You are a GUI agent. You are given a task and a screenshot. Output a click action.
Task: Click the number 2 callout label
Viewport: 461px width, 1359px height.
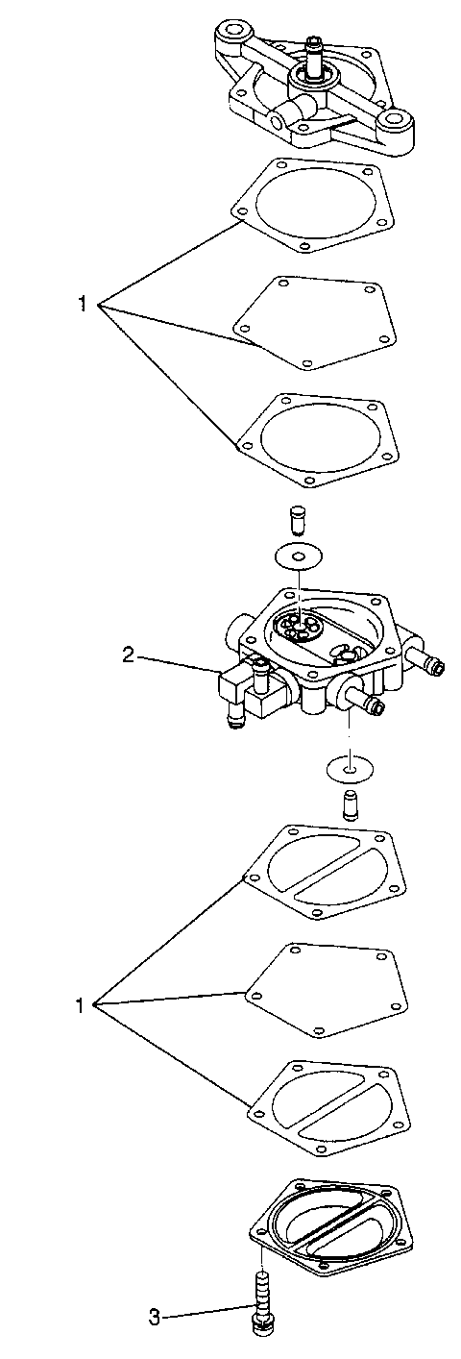128,656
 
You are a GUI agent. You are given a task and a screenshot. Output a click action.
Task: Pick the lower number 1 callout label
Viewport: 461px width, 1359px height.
83,1006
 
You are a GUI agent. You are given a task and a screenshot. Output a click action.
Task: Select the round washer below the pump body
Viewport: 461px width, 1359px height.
350,768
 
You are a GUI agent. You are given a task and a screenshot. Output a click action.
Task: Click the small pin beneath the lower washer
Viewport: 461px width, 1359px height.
352,803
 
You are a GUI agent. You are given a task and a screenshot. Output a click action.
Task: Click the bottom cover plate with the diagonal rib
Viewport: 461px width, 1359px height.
327,1215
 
